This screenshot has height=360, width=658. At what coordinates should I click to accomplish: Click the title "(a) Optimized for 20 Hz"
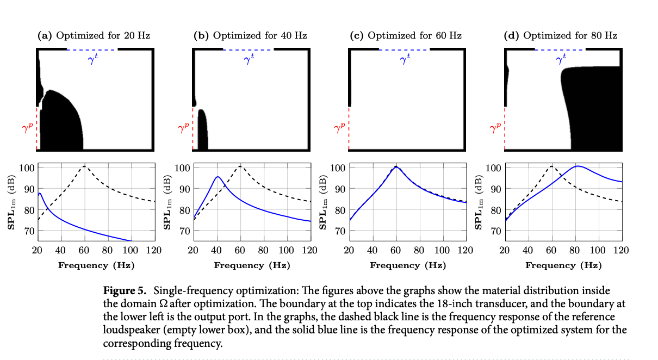tap(94, 36)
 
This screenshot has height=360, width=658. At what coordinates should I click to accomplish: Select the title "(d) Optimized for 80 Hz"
tap(561, 36)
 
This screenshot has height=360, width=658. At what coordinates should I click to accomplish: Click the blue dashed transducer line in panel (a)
tap(92, 49)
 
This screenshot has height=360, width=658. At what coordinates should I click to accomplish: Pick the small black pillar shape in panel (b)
tap(202, 131)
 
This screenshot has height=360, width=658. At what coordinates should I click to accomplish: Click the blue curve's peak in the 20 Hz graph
tap(40, 193)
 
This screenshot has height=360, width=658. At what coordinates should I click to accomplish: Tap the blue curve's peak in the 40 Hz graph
tap(218, 177)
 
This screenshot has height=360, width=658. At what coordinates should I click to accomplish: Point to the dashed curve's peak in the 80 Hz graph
tap(552, 166)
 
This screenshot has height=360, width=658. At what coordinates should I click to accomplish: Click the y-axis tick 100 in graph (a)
tap(27, 167)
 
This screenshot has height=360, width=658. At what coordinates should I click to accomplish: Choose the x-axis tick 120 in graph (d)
tap(620, 251)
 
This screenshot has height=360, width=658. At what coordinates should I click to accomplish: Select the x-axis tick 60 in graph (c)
tap(396, 251)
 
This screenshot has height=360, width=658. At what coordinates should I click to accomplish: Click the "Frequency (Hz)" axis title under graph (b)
tap(252, 265)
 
